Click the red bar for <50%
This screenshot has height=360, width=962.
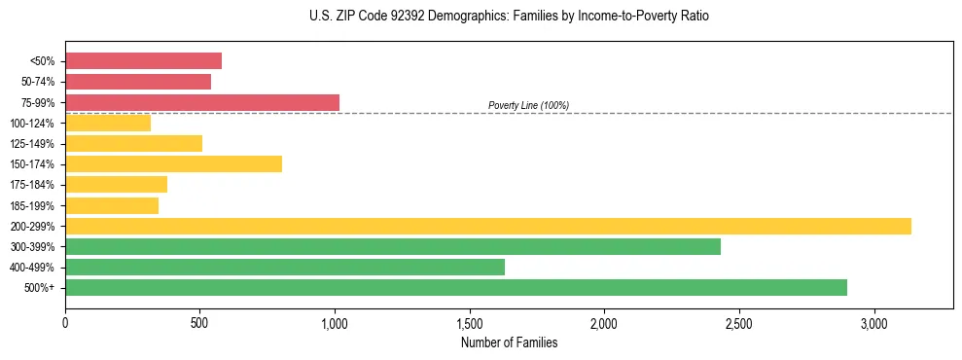[x=143, y=61]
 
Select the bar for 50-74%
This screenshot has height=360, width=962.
[x=138, y=82]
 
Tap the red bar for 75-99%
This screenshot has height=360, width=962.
[x=202, y=102]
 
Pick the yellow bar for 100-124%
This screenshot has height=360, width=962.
[x=108, y=123]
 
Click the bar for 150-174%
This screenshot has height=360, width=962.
[x=173, y=163]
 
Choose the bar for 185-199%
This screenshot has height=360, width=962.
[x=112, y=205]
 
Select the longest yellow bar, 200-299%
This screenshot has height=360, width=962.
[x=488, y=226]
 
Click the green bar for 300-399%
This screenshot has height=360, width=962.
[x=393, y=246]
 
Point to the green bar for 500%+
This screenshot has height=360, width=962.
[x=456, y=287]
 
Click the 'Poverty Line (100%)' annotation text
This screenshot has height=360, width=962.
[x=528, y=105]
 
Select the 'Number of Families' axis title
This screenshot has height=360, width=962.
[x=509, y=342]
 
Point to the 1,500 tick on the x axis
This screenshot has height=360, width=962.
[x=470, y=322]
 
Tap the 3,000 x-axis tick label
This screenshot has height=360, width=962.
[x=874, y=322]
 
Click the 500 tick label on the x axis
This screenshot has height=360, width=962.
[x=199, y=322]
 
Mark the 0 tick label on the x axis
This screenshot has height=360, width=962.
[x=65, y=322]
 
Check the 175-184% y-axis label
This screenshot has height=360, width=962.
[x=32, y=185]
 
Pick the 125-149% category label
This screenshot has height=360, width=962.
[x=32, y=144]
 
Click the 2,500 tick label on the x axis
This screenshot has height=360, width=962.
[x=739, y=322]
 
